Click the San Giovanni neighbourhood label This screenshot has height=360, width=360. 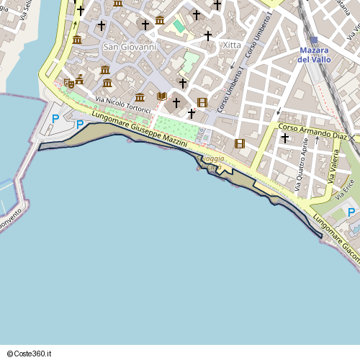pyautogui.click(x=130, y=47)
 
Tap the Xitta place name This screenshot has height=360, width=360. pyautogui.click(x=232, y=45)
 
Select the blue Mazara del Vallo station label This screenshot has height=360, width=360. pyautogui.click(x=314, y=55)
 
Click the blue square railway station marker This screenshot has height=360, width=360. pyautogui.click(x=314, y=40)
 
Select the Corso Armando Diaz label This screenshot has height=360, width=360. pyautogui.click(x=313, y=132)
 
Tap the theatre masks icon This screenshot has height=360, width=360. pyautogui.click(x=69, y=84)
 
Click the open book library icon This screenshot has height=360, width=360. pyautogui.click(x=161, y=96)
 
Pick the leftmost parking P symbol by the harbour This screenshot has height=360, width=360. pyautogui.click(x=55, y=119)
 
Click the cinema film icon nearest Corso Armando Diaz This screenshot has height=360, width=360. pyautogui.click(x=240, y=143)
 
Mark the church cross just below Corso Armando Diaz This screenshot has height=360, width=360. pyautogui.click(x=285, y=138)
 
